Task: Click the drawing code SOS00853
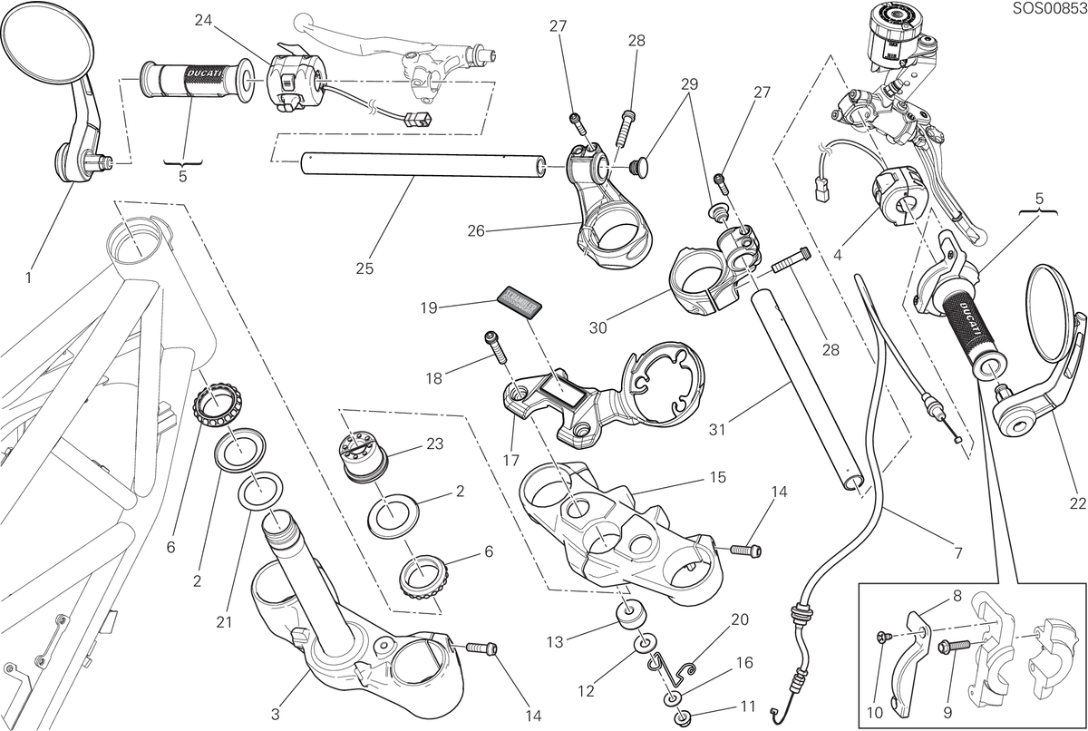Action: pyautogui.click(x=1049, y=8)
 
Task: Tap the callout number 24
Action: pyautogui.click(x=203, y=20)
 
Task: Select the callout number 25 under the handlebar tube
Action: pyautogui.click(x=364, y=268)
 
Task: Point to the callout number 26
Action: pyautogui.click(x=476, y=230)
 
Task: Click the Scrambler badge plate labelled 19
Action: pyautogui.click(x=520, y=303)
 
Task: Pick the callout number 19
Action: pyautogui.click(x=429, y=308)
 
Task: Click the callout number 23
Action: pyautogui.click(x=434, y=443)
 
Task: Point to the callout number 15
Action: pyautogui.click(x=718, y=477)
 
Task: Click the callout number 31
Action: pyautogui.click(x=717, y=429)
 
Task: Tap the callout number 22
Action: pyautogui.click(x=1077, y=503)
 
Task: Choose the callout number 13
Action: pyautogui.click(x=555, y=642)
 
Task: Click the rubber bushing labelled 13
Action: pyautogui.click(x=631, y=615)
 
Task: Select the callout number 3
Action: pyautogui.click(x=276, y=714)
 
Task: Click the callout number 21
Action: pyautogui.click(x=224, y=622)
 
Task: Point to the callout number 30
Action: pyautogui.click(x=597, y=327)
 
